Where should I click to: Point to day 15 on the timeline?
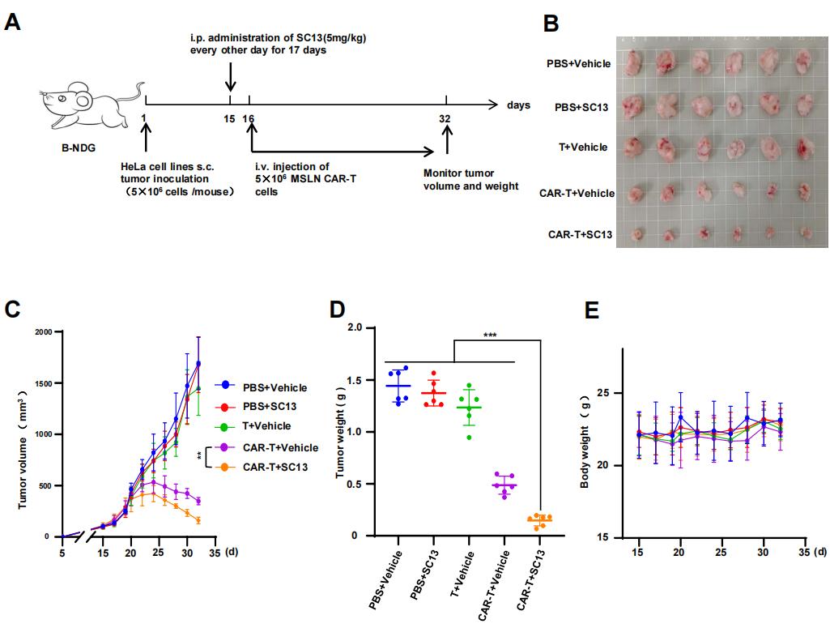229,117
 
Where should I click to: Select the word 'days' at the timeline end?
518,105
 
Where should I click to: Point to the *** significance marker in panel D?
491,332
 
